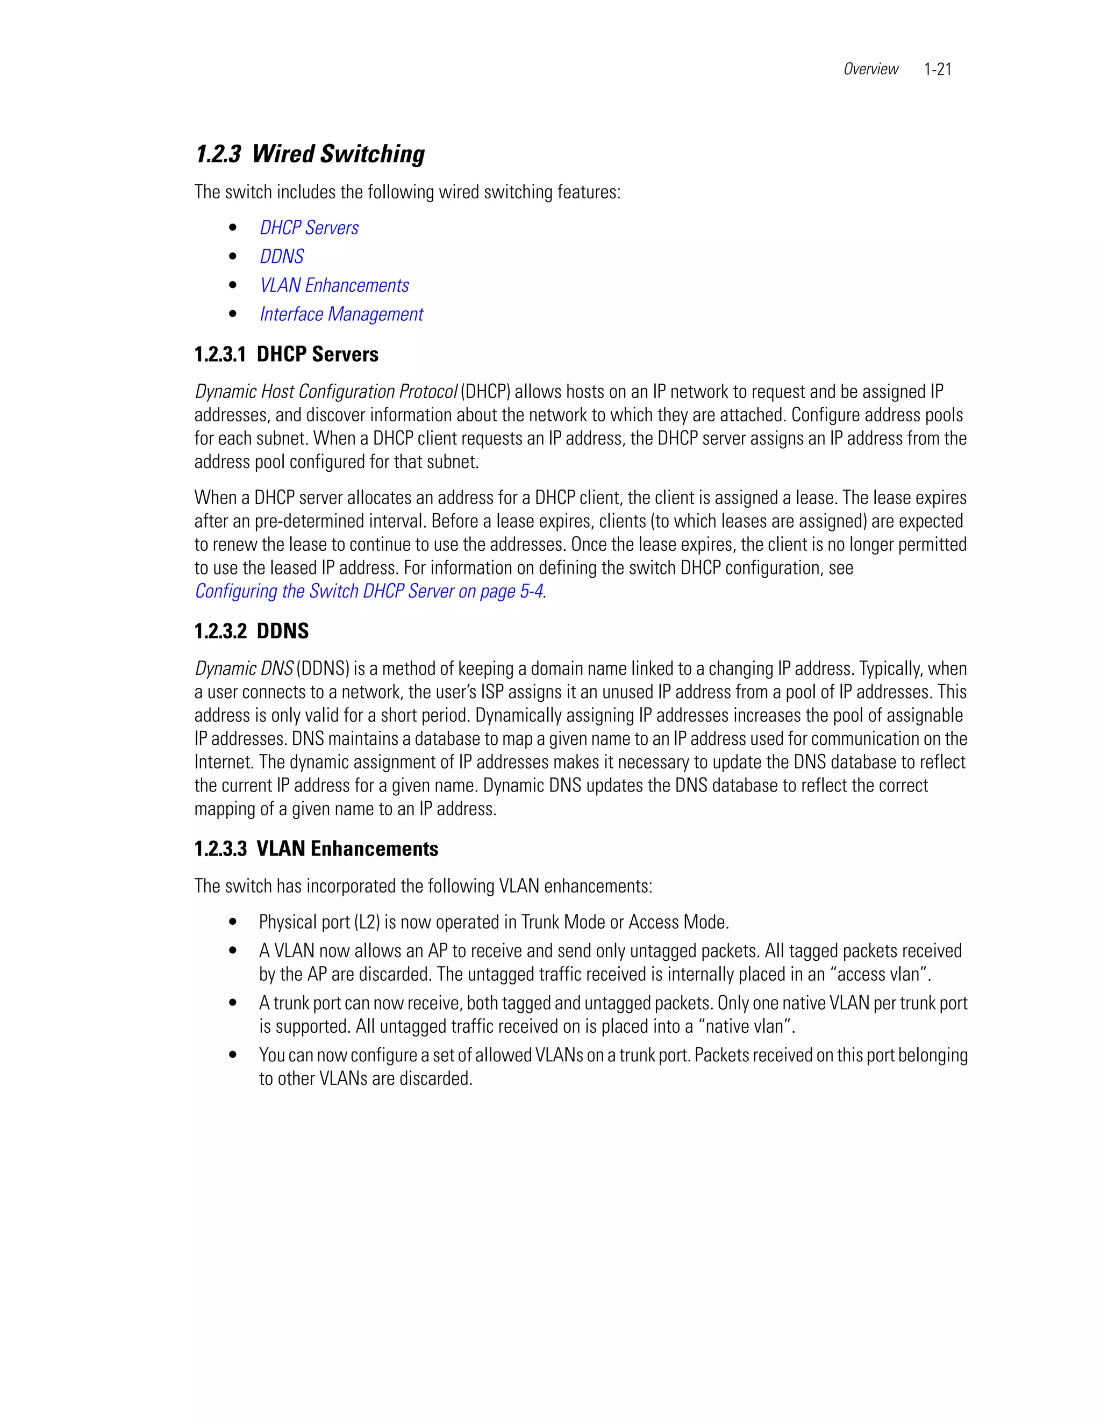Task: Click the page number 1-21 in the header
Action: [x=937, y=69]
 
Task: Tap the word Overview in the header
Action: [x=870, y=69]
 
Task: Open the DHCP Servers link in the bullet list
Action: [x=309, y=227]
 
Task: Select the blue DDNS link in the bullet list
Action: [x=282, y=256]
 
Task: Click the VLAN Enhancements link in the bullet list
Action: [x=334, y=285]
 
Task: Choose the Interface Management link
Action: [x=341, y=314]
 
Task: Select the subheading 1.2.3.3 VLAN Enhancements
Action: [x=316, y=848]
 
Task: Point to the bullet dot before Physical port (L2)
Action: [x=233, y=922]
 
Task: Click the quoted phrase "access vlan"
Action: [x=881, y=974]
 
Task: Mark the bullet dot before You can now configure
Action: [x=233, y=1055]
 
